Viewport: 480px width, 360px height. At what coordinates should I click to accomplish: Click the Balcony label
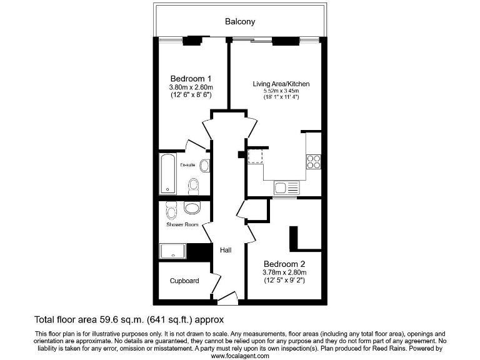tap(240, 22)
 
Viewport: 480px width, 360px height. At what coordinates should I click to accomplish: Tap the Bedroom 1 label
tap(191, 78)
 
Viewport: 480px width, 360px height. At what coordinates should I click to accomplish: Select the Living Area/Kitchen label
tap(281, 84)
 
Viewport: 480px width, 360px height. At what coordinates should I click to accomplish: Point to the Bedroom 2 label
tap(284, 263)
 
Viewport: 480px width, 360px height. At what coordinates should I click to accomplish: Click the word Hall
tap(226, 250)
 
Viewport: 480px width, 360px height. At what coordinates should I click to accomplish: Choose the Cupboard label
tap(184, 281)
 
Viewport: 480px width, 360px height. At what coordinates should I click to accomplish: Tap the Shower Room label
tap(182, 224)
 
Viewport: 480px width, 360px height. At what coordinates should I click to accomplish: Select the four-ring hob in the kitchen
tap(312, 162)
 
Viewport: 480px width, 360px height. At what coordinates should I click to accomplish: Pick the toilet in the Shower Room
tap(172, 208)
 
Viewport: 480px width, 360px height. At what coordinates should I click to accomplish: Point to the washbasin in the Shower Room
tap(192, 208)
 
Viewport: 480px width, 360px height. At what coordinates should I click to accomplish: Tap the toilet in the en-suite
tap(194, 185)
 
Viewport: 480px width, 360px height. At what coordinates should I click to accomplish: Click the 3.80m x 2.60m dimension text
tap(191, 87)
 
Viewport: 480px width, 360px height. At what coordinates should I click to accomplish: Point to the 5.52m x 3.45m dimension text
tap(281, 91)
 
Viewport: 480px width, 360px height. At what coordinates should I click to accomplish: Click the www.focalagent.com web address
tap(239, 356)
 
